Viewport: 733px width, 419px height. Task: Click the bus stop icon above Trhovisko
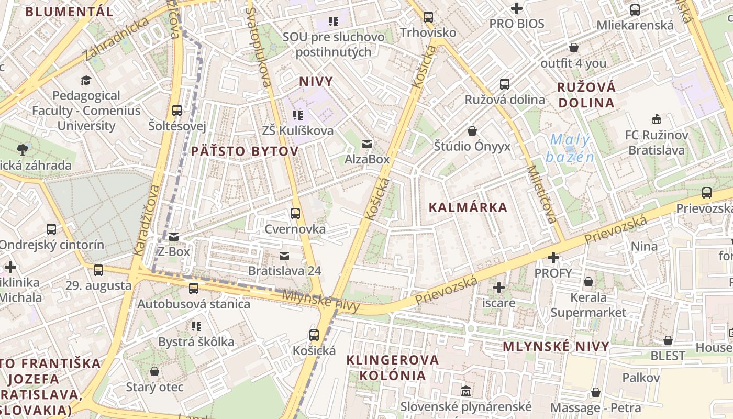tap(428, 17)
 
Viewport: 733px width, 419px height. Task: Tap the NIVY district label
tap(316, 81)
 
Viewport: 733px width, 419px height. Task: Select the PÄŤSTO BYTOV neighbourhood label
tap(245, 151)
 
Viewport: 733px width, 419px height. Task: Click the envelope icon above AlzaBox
tap(367, 144)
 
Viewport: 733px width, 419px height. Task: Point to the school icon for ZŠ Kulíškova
tap(298, 115)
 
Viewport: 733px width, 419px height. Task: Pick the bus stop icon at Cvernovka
tap(295, 213)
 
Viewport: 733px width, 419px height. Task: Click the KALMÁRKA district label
tap(468, 207)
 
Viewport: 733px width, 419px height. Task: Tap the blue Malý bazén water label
tap(570, 148)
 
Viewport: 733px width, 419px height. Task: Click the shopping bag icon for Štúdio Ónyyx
tap(472, 130)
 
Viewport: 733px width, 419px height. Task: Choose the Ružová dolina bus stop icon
tap(505, 84)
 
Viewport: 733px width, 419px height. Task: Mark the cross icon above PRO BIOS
tap(517, 8)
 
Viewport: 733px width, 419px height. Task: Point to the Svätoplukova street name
tap(259, 47)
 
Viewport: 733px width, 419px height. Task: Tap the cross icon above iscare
tap(499, 287)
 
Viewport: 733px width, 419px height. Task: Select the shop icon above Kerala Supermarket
tap(588, 282)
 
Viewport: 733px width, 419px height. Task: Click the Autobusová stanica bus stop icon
tap(194, 288)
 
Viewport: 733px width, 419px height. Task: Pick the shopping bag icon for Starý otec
tap(154, 371)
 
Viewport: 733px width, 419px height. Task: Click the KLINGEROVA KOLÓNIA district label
tap(393, 368)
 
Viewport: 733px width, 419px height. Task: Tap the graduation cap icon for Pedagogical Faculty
tap(86, 80)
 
